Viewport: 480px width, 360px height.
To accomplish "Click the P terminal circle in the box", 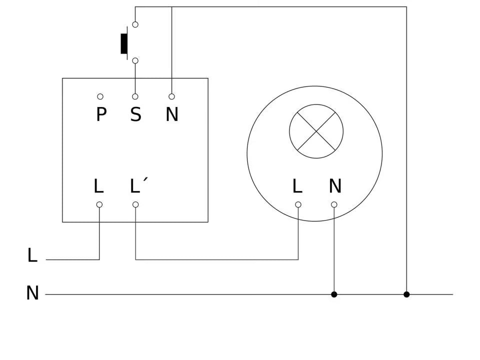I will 100,96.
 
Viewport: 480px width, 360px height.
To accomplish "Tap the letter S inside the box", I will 135,115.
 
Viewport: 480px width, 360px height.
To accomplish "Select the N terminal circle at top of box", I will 171,96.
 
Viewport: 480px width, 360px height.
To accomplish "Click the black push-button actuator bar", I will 124,43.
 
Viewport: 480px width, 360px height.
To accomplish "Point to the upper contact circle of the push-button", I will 135,24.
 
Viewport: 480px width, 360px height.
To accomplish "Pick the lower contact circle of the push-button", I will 135,60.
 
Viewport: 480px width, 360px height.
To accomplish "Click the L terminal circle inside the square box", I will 99,204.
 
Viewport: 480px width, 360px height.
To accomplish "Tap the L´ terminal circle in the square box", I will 135,204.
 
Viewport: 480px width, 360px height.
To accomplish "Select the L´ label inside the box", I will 138,186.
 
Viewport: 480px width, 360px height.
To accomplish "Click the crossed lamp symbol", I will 316,131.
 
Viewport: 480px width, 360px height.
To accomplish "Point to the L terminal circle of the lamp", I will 298,204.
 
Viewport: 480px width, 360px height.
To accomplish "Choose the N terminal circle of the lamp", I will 334,204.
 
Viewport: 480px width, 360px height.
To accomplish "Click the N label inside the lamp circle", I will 335,186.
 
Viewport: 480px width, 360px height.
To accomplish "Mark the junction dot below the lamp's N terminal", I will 334,294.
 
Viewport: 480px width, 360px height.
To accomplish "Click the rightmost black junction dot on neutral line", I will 406,294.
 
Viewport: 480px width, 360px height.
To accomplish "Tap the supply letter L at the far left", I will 32,255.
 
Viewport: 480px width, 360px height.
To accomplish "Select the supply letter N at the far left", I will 32,293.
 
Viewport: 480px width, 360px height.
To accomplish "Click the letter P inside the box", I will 101,115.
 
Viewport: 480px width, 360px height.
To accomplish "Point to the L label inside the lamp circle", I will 297,186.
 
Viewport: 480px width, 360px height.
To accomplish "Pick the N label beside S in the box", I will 171,115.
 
